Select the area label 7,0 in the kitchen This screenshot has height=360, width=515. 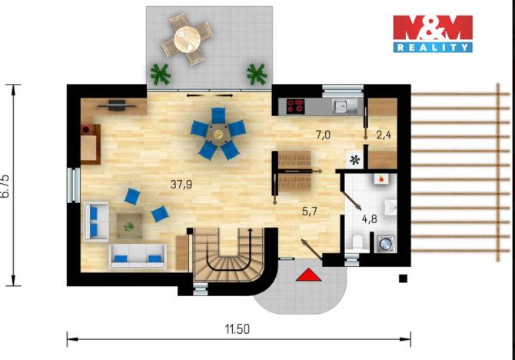point(323,135)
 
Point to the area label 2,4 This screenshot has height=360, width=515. point(383,134)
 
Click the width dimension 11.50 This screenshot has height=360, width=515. point(238,328)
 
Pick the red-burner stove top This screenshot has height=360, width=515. point(296,106)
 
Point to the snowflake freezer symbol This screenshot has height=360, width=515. point(354,160)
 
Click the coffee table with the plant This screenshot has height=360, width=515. point(129,225)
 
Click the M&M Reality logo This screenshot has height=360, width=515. point(432,33)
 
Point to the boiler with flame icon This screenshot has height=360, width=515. point(380,179)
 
